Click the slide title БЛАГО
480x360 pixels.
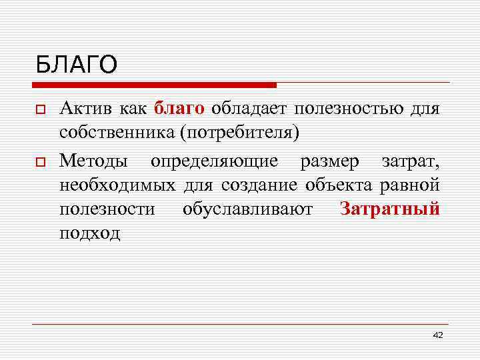click(77, 65)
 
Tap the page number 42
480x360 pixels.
click(437, 335)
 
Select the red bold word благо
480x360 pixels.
click(179, 108)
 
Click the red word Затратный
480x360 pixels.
click(389, 209)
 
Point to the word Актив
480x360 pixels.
click(84, 108)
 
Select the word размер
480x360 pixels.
click(331, 161)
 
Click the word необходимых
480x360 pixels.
click(117, 184)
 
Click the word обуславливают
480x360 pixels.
click(247, 209)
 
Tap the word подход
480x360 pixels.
click(89, 233)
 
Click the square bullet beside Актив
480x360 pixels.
click(41, 109)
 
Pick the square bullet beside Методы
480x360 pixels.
click(41, 161)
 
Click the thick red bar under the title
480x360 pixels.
click(154, 85)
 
